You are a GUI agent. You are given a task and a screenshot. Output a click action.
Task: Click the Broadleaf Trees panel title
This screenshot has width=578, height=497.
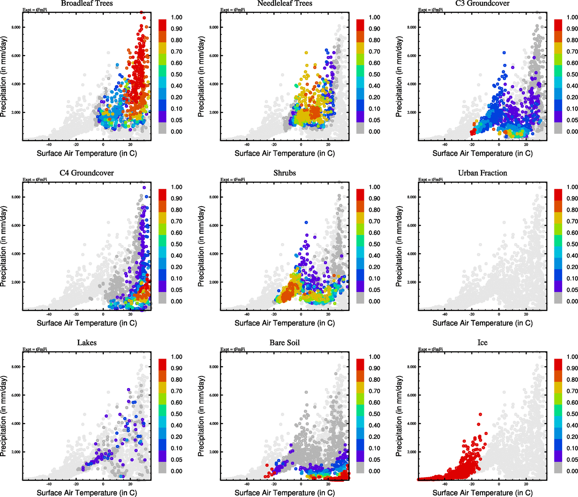pyautogui.click(x=87, y=3)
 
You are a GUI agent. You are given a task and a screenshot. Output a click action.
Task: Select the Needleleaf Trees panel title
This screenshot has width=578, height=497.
pyautogui.click(x=284, y=3)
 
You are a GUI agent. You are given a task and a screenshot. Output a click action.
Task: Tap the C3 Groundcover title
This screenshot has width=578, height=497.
pyautogui.click(x=482, y=3)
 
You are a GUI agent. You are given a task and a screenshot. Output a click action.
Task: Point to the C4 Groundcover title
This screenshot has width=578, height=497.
pyautogui.click(x=87, y=173)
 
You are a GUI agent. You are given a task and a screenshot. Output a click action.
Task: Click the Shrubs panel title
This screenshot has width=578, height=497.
pyautogui.click(x=285, y=173)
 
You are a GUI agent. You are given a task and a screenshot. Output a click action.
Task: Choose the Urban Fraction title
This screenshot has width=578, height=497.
pyautogui.click(x=482, y=173)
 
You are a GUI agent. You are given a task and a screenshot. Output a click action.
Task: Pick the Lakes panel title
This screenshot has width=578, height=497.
pyautogui.click(x=87, y=343)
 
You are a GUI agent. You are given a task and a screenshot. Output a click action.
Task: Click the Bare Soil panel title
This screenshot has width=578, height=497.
pyautogui.click(x=285, y=343)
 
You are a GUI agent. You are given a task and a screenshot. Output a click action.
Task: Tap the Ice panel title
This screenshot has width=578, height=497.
pyautogui.click(x=482, y=343)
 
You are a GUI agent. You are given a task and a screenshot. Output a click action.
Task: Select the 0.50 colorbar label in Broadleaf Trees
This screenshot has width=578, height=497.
pyautogui.click(x=176, y=75)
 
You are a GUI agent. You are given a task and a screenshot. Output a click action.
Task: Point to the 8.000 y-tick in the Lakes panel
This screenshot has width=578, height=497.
pyautogui.click(x=16, y=367)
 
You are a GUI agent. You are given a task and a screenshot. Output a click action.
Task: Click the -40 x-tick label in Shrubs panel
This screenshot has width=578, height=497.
pyautogui.click(x=247, y=315)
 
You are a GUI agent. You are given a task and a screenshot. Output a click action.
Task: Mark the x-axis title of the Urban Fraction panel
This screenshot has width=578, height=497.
pyautogui.click(x=482, y=323)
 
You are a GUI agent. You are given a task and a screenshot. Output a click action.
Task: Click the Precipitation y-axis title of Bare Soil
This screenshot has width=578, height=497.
pyautogui.click(x=201, y=416)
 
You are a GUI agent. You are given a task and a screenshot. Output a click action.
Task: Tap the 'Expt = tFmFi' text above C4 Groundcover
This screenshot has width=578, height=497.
pyautogui.click(x=35, y=180)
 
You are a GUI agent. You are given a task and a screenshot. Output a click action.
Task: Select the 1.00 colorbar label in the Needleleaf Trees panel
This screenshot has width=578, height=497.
pyautogui.click(x=374, y=17)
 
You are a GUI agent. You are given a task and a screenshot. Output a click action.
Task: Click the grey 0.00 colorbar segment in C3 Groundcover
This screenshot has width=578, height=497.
pyautogui.click(x=558, y=128)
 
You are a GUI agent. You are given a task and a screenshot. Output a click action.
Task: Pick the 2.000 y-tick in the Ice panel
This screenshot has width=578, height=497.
pyautogui.click(x=412, y=452)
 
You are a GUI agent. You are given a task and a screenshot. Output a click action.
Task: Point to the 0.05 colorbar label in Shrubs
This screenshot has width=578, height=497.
pyautogui.click(x=374, y=290)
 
